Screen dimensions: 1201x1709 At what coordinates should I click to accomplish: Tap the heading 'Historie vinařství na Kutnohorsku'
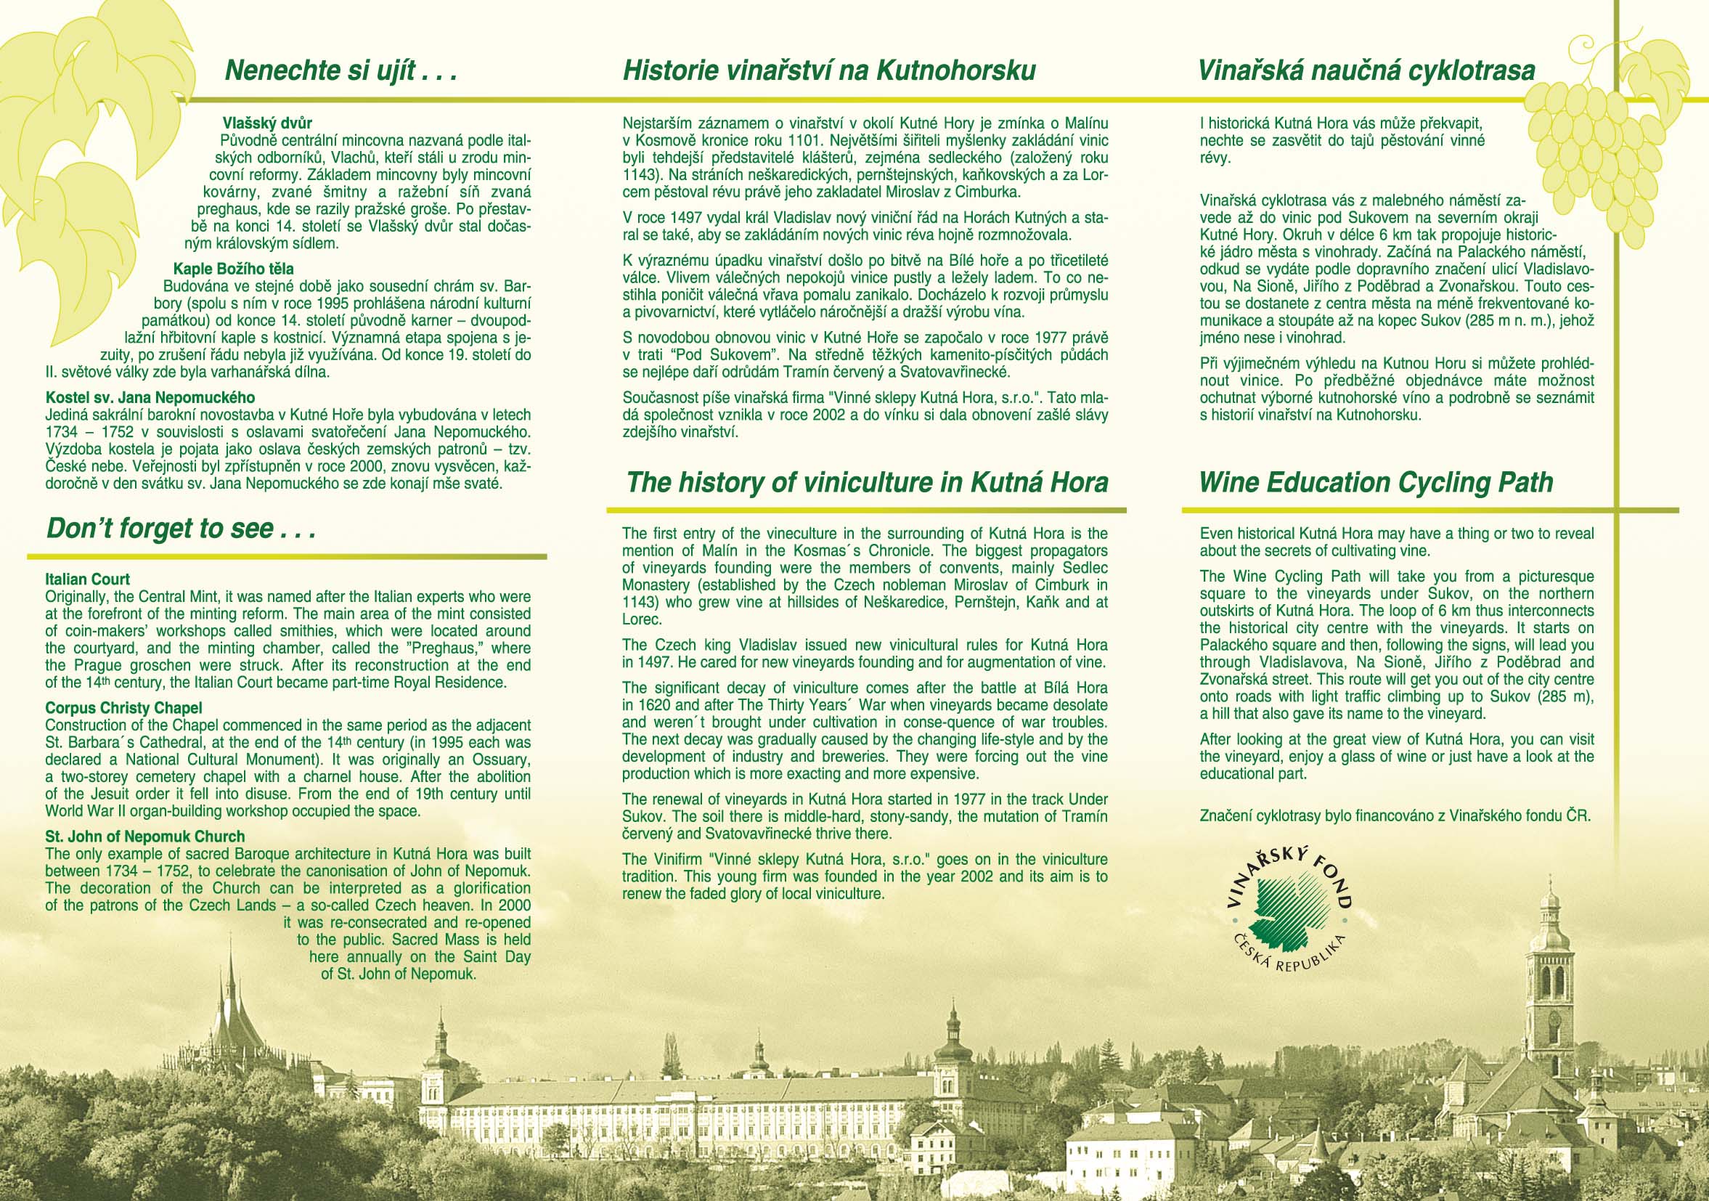829,71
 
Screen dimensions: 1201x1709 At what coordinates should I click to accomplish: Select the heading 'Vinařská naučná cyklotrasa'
1366,71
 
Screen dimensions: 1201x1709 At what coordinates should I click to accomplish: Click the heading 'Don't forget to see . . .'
181,529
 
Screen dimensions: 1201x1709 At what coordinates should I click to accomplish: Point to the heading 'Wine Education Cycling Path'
1376,482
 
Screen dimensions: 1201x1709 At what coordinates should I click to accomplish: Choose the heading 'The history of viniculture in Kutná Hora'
867,482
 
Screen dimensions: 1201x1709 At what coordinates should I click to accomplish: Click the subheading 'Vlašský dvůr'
267,123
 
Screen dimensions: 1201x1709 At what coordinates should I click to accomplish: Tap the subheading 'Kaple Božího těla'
234,269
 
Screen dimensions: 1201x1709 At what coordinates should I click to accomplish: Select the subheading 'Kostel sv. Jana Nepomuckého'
150,398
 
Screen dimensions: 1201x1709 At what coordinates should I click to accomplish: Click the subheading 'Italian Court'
87,579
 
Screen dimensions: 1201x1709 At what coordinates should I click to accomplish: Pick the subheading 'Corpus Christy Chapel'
123,708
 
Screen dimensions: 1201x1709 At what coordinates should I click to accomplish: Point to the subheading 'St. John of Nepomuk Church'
145,837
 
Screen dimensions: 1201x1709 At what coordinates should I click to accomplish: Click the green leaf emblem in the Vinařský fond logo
1289,913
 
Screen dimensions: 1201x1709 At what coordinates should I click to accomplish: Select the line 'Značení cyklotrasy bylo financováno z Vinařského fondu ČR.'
1395,815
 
